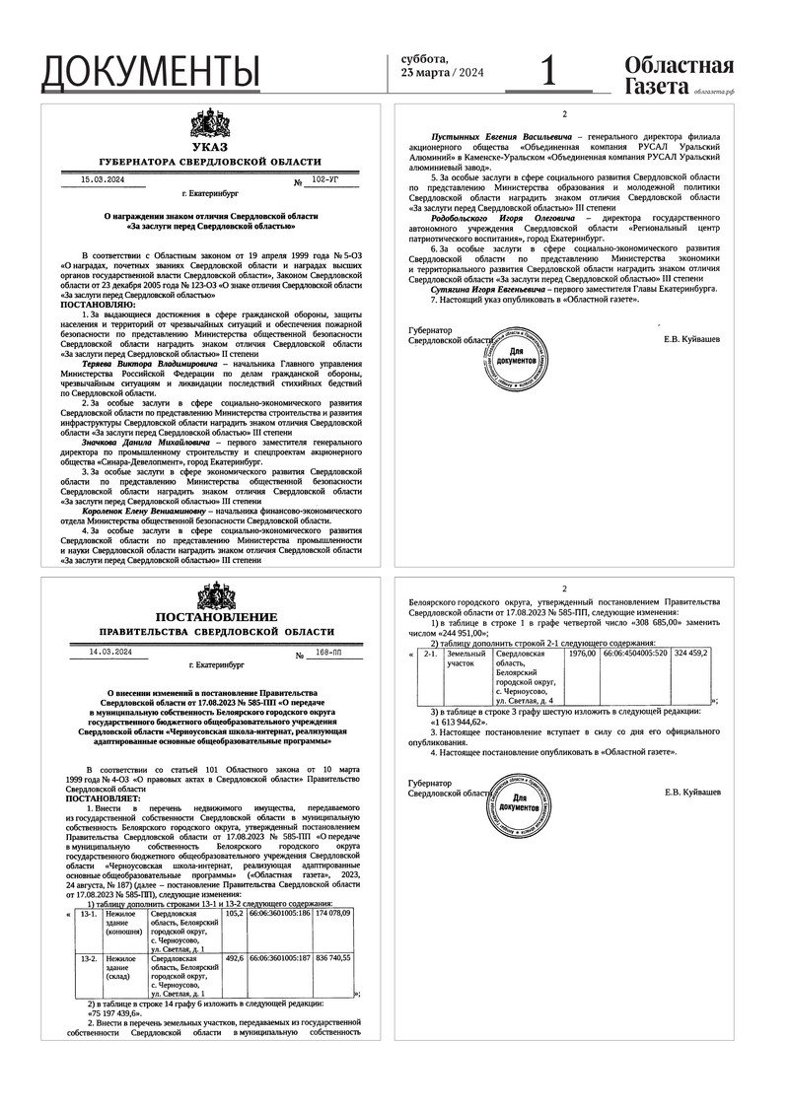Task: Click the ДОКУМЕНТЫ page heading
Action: coord(151,71)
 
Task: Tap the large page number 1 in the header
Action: coord(549,71)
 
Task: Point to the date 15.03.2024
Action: coord(103,180)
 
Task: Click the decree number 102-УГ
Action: coord(324,181)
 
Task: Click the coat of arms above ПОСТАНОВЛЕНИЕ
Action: coord(210,596)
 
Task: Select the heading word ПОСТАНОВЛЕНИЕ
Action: coord(210,617)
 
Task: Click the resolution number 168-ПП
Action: coord(324,653)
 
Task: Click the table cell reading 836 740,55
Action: coord(332,957)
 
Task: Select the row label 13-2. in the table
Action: coord(88,957)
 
